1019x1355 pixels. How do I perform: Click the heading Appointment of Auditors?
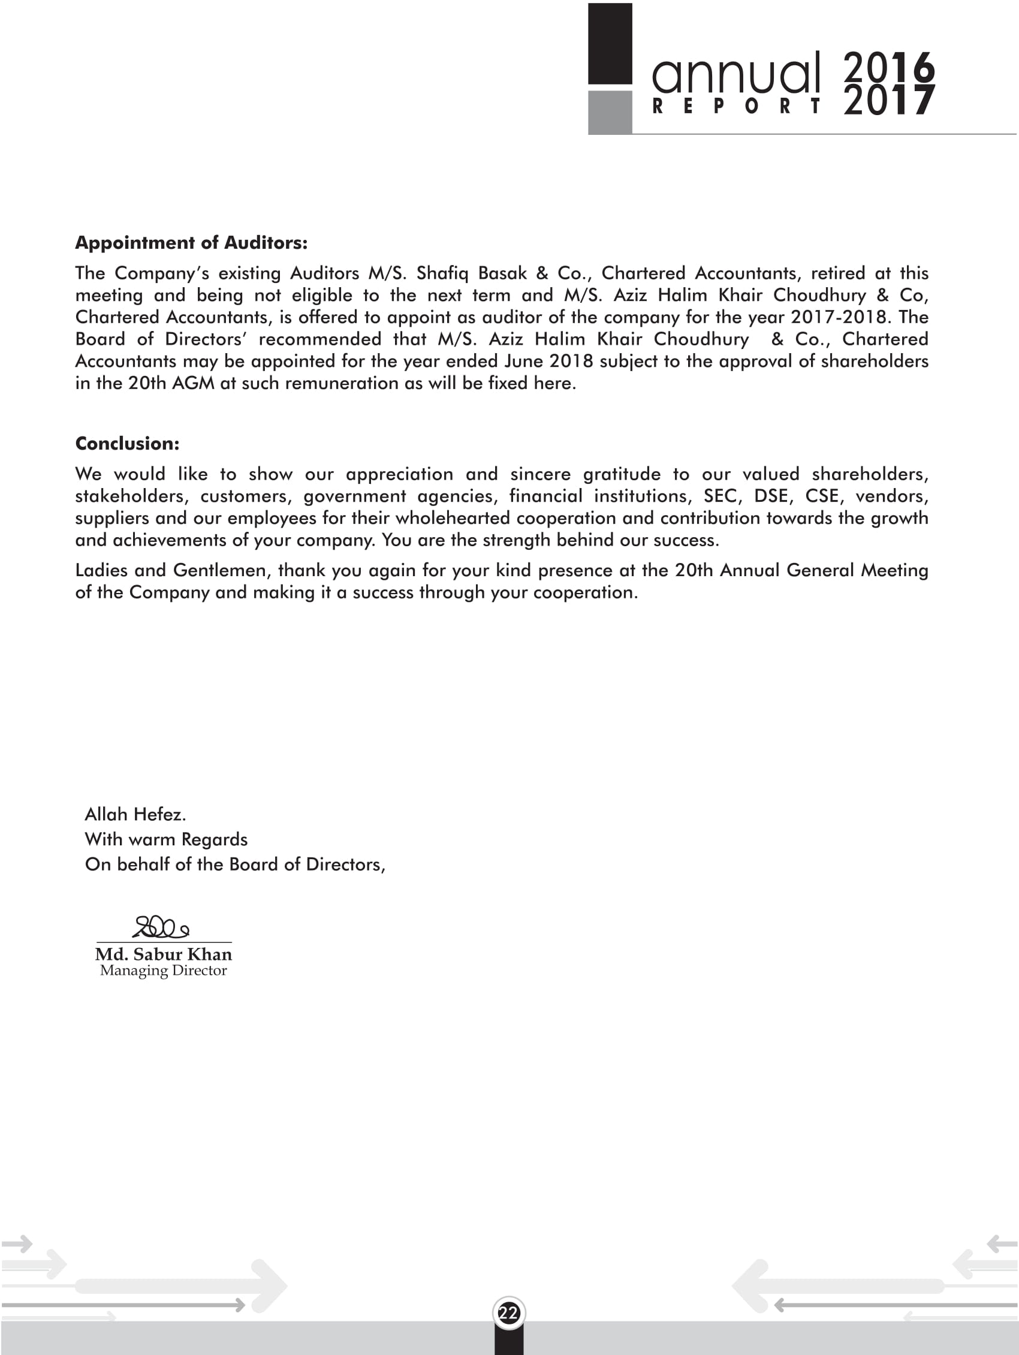tap(191, 243)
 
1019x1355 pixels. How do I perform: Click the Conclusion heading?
tap(127, 444)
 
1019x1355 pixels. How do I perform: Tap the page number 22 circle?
tap(508, 1313)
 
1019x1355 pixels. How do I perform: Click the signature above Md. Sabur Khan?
tap(161, 928)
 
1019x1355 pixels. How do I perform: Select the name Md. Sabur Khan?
tap(164, 954)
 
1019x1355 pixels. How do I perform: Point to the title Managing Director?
tap(164, 970)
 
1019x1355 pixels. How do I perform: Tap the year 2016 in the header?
tap(889, 66)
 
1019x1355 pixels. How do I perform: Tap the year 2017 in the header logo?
tap(889, 101)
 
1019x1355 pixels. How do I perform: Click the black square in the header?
tap(610, 44)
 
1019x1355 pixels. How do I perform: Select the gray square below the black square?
tap(610, 112)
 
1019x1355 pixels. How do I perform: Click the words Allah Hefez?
tap(135, 814)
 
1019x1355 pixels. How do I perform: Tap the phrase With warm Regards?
tap(166, 839)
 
